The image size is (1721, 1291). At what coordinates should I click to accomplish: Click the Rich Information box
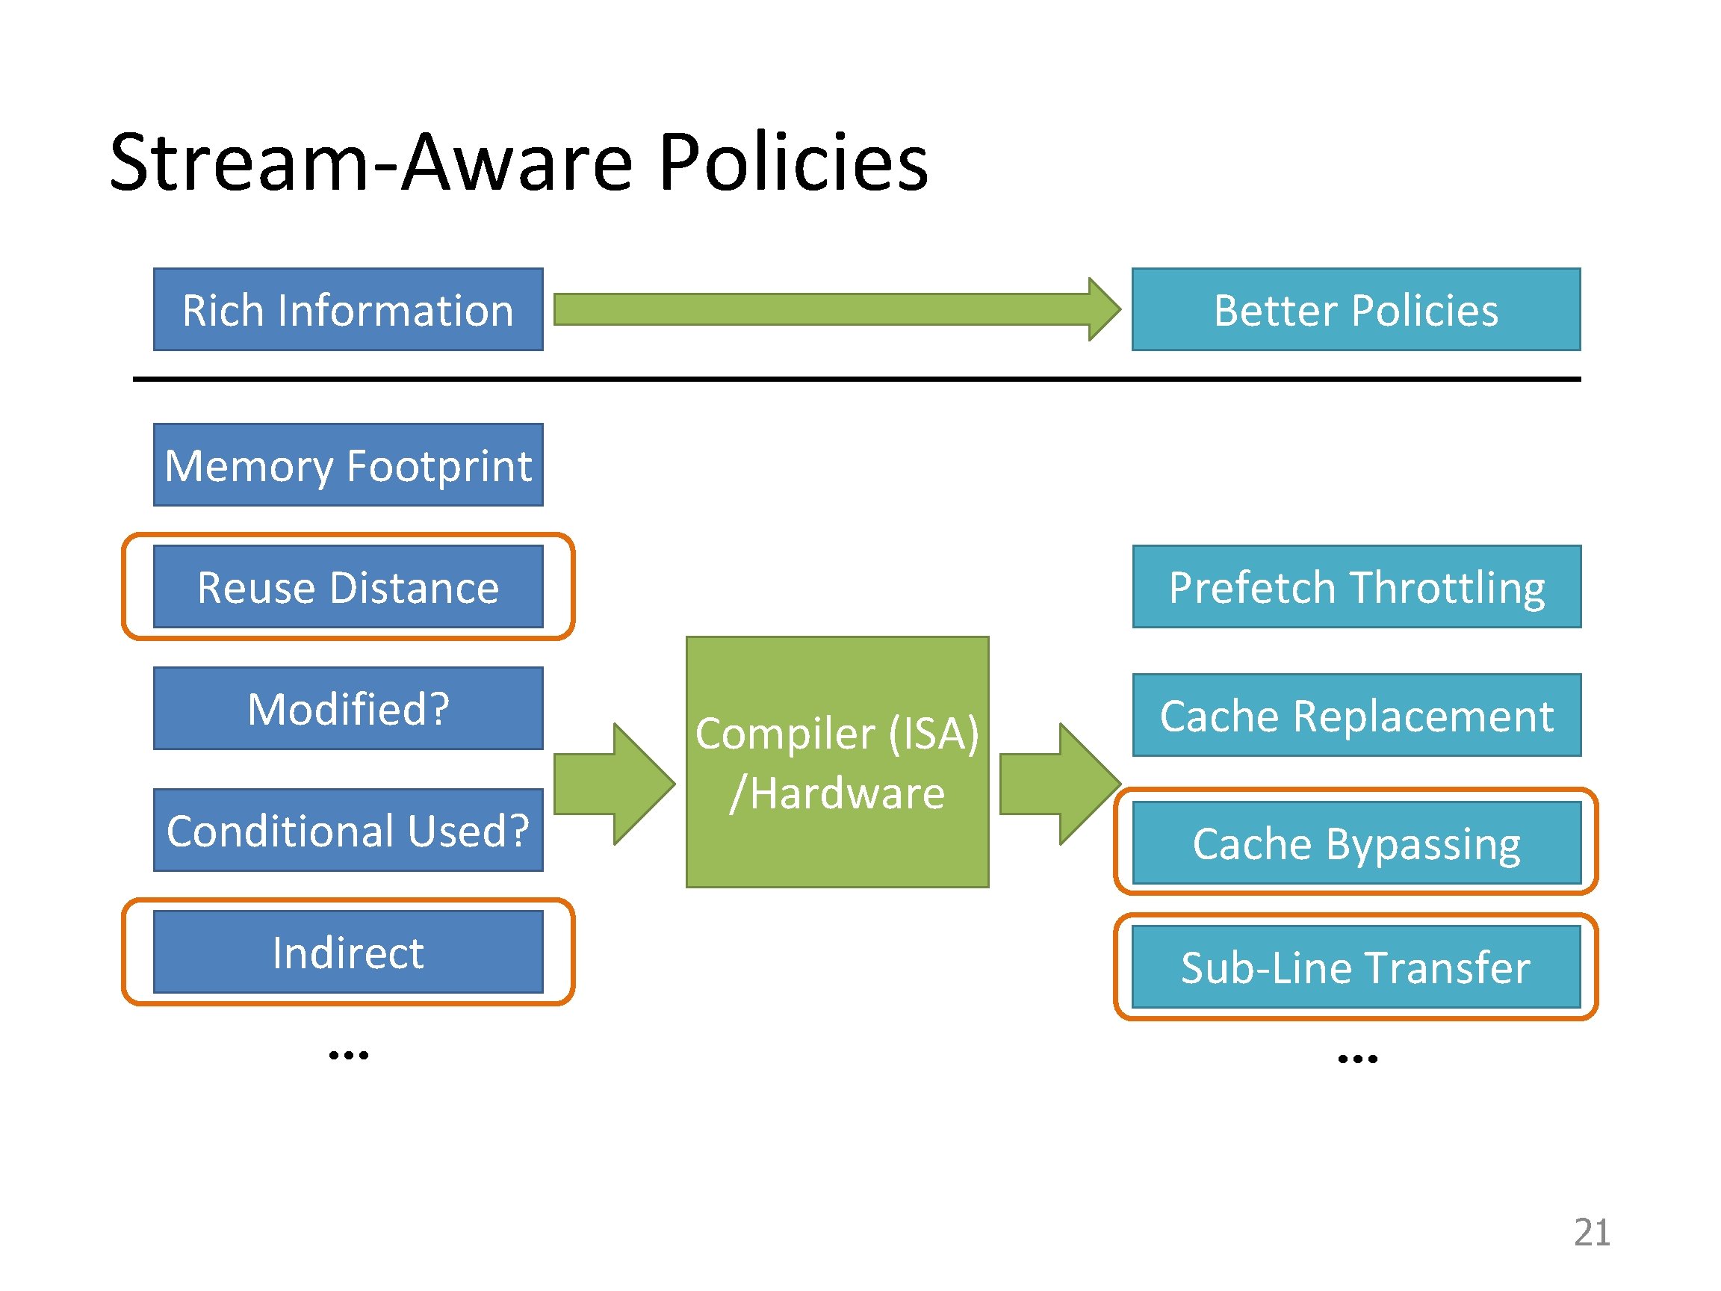click(348, 310)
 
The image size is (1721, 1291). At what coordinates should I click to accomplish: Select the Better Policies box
click(1356, 310)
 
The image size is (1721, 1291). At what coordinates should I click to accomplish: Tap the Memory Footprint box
click(348, 465)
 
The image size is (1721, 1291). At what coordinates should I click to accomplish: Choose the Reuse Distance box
click(348, 586)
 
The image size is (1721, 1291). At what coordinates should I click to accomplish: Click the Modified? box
click(348, 708)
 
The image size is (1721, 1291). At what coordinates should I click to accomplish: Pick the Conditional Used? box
click(348, 830)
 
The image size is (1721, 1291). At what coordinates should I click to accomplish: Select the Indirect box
click(348, 952)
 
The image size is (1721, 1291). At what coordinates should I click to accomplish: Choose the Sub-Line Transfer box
click(1356, 967)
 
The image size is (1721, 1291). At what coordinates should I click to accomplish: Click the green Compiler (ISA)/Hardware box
click(837, 762)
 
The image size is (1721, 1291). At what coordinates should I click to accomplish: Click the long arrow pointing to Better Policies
click(837, 310)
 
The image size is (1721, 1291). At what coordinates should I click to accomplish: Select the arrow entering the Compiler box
click(615, 784)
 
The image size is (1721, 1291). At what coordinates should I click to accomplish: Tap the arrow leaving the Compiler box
click(1061, 784)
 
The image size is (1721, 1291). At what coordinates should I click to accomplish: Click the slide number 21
click(1592, 1233)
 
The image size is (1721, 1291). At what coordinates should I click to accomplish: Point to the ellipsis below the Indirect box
click(349, 1055)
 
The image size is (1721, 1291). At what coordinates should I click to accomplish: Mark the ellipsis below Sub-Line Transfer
click(1358, 1059)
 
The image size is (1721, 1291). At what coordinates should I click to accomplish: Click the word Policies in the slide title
click(793, 162)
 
